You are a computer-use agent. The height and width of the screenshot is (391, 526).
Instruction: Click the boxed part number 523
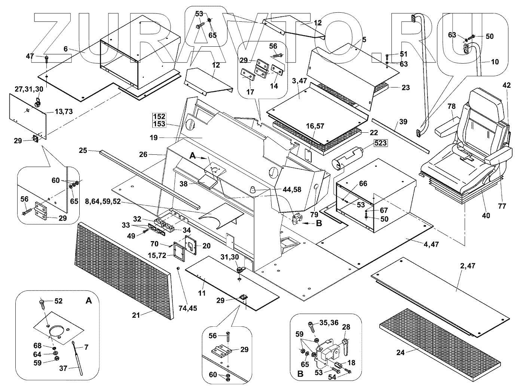point(380,143)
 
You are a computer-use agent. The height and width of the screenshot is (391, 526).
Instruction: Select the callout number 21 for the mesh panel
point(136,315)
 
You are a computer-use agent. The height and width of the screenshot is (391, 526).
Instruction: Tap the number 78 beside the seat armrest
point(451,106)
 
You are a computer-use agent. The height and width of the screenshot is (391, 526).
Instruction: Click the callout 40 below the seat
point(486,216)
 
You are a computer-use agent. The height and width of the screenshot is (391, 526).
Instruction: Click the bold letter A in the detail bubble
point(88,301)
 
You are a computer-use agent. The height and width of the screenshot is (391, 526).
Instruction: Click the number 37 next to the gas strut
point(63,368)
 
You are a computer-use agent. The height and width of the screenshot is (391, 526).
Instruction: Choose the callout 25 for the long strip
point(83,151)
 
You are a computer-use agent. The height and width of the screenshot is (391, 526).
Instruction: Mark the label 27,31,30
point(29,89)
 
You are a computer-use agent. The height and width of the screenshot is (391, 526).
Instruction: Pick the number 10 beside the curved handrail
point(495,62)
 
